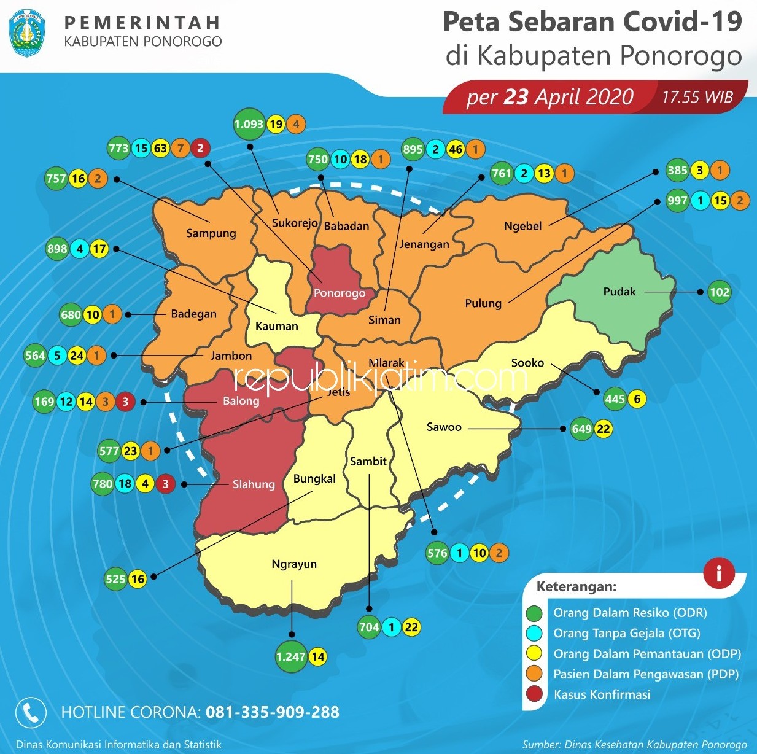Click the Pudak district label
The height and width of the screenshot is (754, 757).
click(619, 292)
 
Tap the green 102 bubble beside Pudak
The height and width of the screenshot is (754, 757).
click(719, 292)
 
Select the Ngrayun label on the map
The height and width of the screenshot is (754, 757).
click(294, 564)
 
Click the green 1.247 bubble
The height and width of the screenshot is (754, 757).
click(290, 656)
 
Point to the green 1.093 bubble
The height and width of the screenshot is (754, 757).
click(249, 125)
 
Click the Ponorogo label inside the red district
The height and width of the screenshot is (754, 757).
click(340, 293)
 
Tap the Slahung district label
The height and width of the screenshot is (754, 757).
click(253, 484)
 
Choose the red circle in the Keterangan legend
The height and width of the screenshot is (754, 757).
click(535, 694)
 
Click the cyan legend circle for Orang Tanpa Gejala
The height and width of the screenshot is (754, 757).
click(535, 633)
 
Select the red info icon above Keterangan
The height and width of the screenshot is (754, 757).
click(718, 573)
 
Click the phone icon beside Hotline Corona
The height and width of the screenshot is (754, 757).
click(31, 712)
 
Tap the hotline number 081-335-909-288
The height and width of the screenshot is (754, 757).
click(272, 712)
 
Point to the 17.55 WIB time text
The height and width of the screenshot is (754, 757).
click(697, 97)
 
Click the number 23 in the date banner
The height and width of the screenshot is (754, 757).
click(516, 97)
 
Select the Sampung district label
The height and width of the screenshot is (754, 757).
click(211, 233)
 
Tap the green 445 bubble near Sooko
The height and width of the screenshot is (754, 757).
click(615, 399)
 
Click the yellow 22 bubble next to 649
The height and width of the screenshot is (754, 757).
click(604, 429)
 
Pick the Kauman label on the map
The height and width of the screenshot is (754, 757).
click(276, 327)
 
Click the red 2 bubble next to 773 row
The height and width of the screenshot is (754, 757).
click(200, 148)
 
